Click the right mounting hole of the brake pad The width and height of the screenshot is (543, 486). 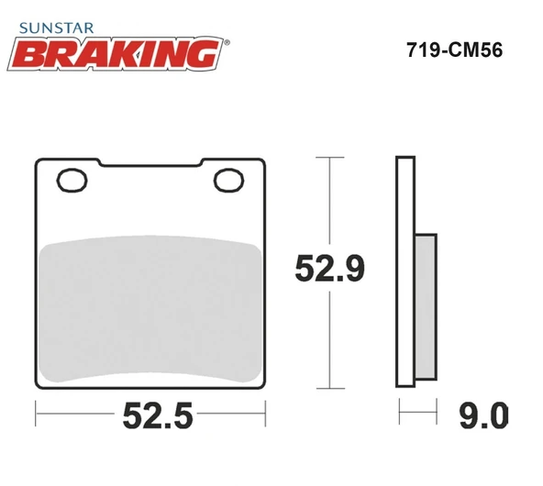pyautogui.click(x=225, y=179)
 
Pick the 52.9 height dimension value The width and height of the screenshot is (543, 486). pyautogui.click(x=330, y=270)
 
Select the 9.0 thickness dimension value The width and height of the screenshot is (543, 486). pyautogui.click(x=480, y=417)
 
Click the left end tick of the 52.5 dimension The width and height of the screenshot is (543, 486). pyautogui.click(x=35, y=416)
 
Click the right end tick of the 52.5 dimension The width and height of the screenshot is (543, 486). pyautogui.click(x=267, y=416)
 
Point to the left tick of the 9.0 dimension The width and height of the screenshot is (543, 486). pyautogui.click(x=398, y=416)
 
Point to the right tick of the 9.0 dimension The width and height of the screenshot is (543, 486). pyautogui.click(x=436, y=416)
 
